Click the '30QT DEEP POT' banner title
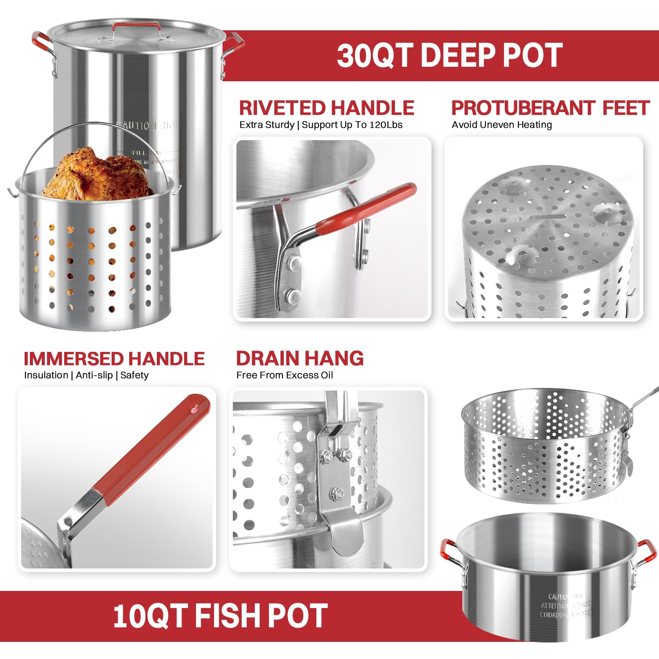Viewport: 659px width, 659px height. (449, 55)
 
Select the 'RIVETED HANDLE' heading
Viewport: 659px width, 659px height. (326, 108)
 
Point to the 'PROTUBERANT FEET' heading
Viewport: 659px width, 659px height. (550, 108)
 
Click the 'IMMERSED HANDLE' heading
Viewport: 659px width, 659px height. (114, 359)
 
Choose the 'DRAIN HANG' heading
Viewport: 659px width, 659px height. (300, 358)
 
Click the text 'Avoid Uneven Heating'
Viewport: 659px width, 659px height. (502, 125)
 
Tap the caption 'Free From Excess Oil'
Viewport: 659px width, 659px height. (284, 375)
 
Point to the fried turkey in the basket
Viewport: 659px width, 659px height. (97, 174)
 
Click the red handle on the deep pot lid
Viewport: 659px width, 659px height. (136, 26)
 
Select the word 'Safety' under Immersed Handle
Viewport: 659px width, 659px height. (134, 375)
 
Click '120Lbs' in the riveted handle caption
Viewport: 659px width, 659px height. (386, 125)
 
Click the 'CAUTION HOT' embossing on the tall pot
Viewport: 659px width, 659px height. (147, 126)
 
